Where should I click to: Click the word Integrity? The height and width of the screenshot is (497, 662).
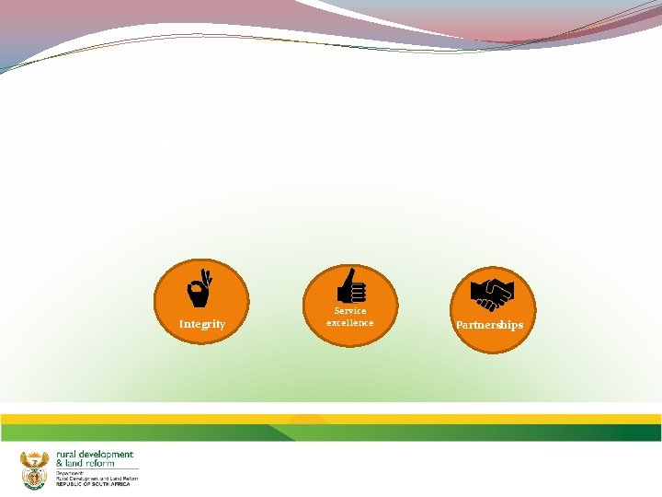tap(202, 324)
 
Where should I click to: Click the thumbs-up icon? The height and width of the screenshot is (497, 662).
tap(350, 285)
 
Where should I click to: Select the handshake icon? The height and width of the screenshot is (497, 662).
tap(492, 294)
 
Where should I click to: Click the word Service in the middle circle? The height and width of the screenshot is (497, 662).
tap(350, 311)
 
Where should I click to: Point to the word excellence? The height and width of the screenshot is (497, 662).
tap(350, 323)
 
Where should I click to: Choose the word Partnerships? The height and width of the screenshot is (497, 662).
tap(490, 325)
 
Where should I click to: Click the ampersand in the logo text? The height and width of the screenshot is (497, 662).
tap(60, 463)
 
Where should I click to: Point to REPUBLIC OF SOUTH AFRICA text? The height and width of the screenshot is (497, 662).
tap(93, 484)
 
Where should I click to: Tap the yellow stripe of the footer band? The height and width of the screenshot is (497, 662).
tap(331, 419)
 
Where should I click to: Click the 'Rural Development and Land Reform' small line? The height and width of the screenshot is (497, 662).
tap(97, 479)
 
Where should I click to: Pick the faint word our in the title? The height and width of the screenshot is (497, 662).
tap(336, 136)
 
